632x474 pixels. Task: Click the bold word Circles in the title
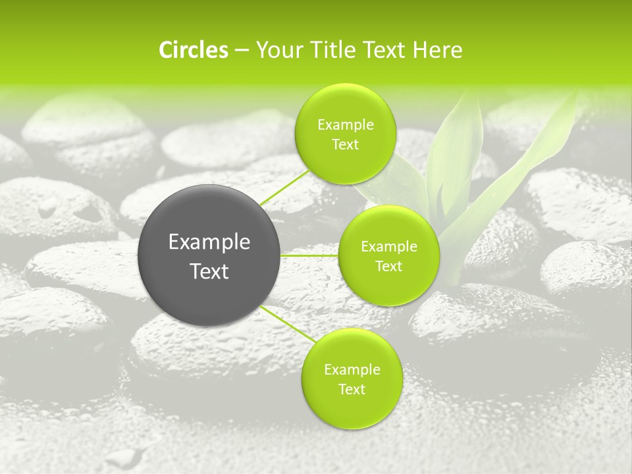pyautogui.click(x=194, y=50)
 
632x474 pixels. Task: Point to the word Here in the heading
pyautogui.click(x=438, y=50)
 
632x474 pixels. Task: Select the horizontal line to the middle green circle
pyautogui.click(x=309, y=255)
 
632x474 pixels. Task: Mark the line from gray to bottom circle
pyautogui.click(x=286, y=323)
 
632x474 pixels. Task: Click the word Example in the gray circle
pyautogui.click(x=209, y=242)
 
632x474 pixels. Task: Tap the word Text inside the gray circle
pyautogui.click(x=209, y=271)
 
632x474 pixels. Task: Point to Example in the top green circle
pyautogui.click(x=345, y=125)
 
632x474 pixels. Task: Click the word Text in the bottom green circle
pyautogui.click(x=352, y=389)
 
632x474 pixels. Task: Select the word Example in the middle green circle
pyautogui.click(x=388, y=247)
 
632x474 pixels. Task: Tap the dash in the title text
pyautogui.click(x=242, y=51)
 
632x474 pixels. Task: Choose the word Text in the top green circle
pyautogui.click(x=345, y=145)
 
